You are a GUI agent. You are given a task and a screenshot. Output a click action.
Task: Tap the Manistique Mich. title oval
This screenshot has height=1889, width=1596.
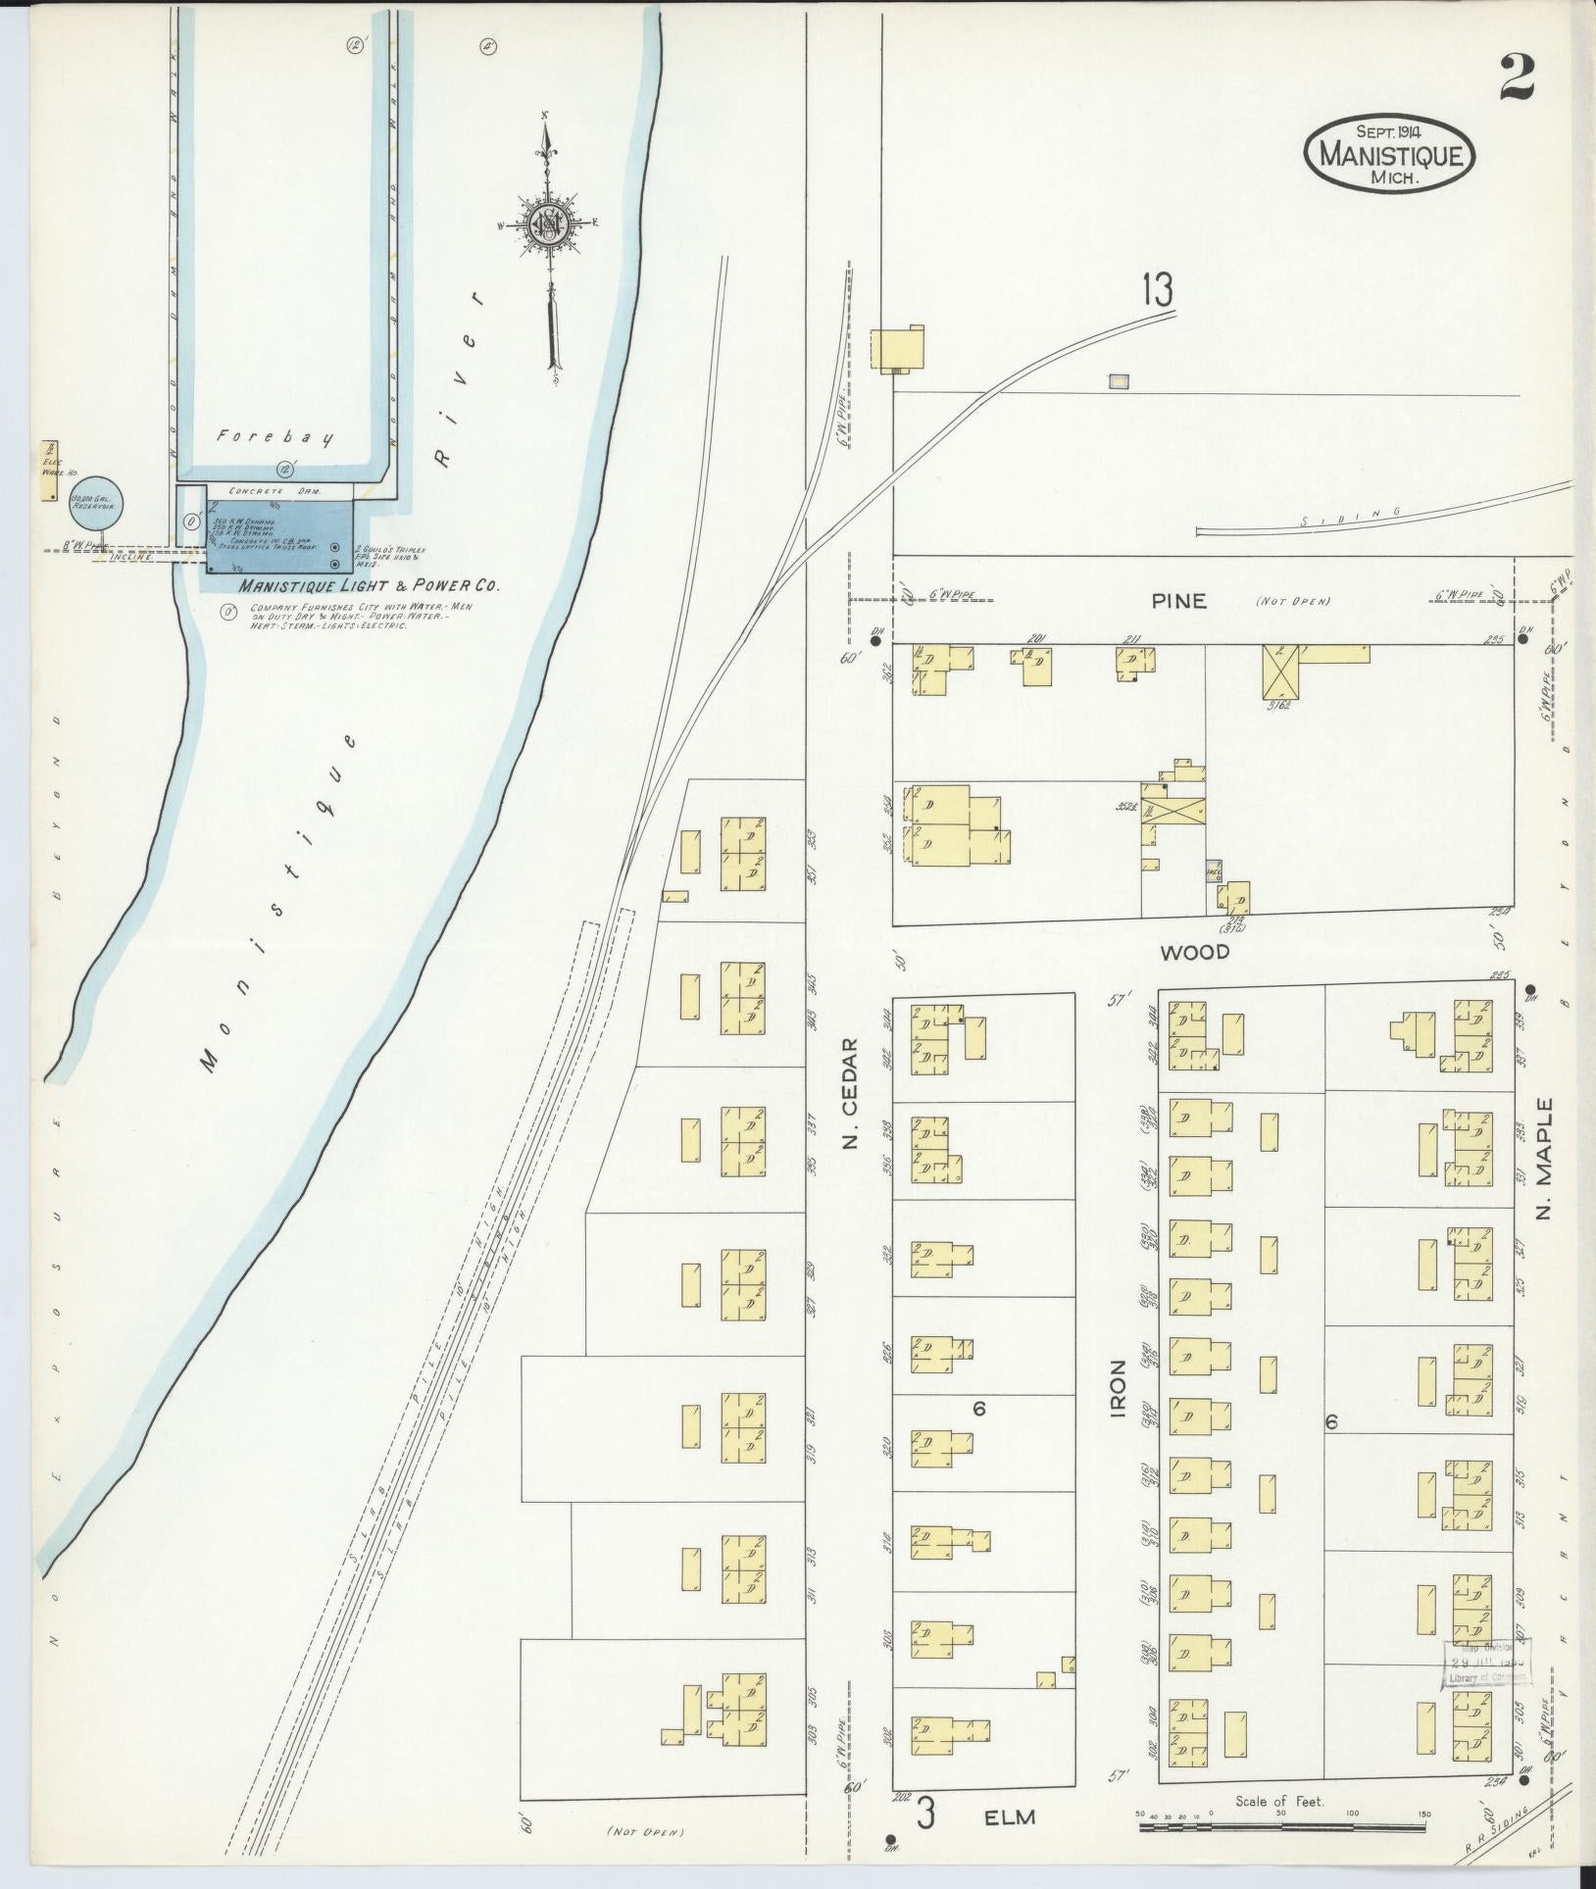[1389, 155]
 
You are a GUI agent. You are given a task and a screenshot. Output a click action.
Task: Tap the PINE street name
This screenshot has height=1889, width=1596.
[1178, 601]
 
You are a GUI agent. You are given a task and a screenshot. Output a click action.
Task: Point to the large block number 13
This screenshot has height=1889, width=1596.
[1157, 291]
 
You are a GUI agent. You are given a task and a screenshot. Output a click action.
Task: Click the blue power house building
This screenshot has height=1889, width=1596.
[280, 535]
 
